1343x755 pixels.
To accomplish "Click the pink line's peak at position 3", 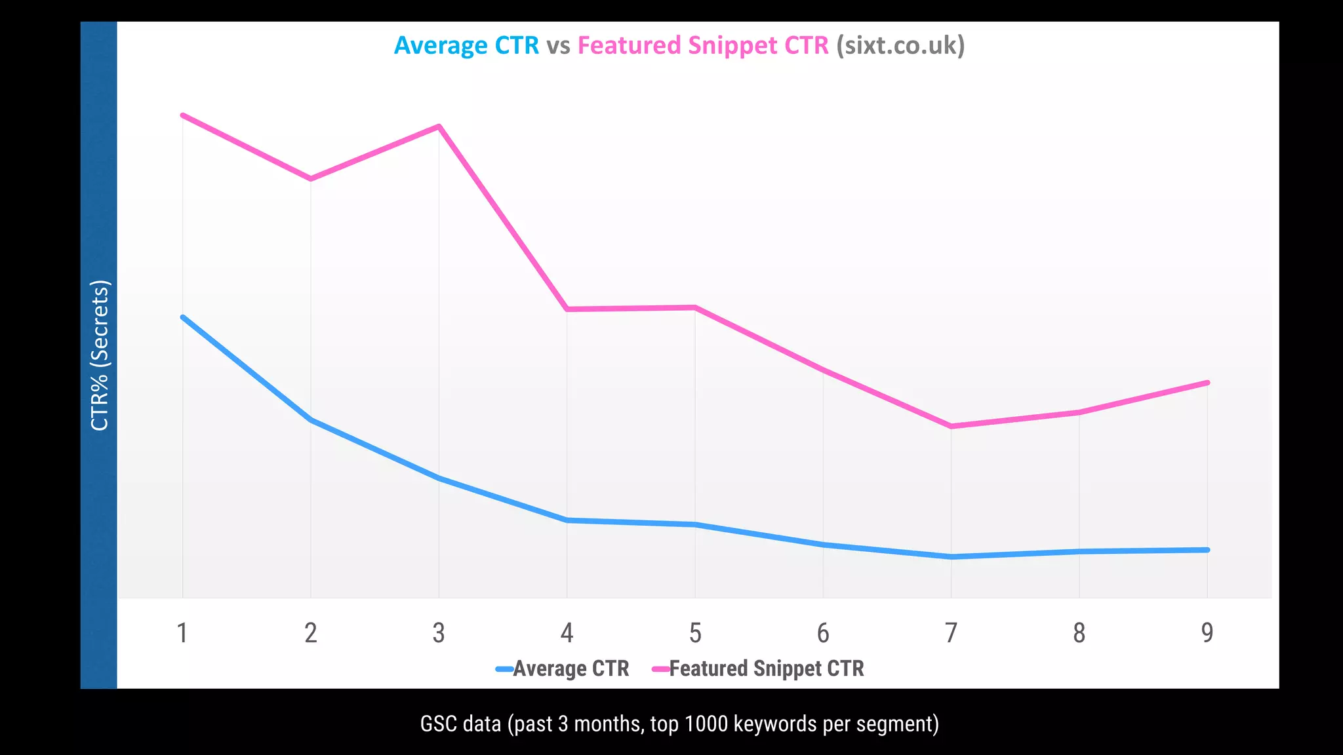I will click(439, 126).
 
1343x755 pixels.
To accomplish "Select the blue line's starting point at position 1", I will click(182, 317).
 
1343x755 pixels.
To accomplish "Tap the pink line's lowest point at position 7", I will click(951, 426).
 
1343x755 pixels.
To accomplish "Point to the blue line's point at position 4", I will click(567, 520).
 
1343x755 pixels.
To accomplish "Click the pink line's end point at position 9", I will click(1207, 383).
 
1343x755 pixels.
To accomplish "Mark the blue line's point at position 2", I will click(311, 419).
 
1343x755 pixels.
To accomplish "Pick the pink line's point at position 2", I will click(311, 178).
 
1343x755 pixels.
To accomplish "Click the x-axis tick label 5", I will click(695, 633).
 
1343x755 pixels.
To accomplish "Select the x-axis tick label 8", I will click(1079, 633).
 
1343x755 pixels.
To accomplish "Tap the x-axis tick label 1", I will click(182, 633).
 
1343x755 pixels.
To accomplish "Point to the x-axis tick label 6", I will click(823, 633).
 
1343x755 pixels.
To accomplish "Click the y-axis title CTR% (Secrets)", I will click(100, 355).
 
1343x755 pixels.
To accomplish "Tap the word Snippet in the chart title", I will click(732, 46).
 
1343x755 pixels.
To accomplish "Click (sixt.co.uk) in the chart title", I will click(900, 46).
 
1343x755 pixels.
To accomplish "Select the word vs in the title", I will click(558, 46).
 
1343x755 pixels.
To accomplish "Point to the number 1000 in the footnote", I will click(706, 724).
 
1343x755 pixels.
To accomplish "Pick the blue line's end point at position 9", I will click(1207, 550).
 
